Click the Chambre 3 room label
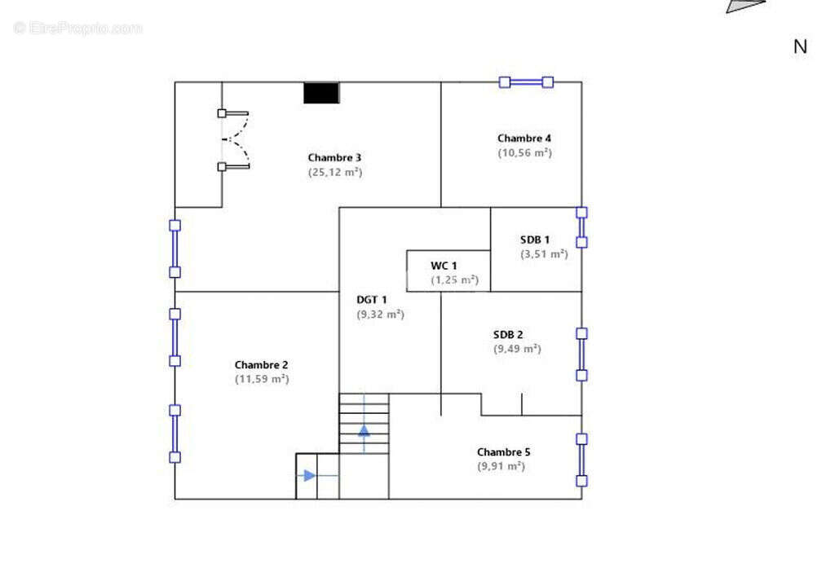coord(334,157)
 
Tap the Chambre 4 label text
coord(524,139)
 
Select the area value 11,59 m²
coord(262,379)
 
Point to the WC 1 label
coord(444,266)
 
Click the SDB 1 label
coord(535,240)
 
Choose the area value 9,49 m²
coord(517,349)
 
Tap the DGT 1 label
coord(372,300)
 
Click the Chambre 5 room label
coord(503,452)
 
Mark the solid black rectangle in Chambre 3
coord(321,93)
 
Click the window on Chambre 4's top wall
coord(526,82)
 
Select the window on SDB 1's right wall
coord(581,227)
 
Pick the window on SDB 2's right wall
coord(581,354)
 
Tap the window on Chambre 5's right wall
coord(581,460)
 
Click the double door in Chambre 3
coord(235,140)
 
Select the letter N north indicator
coord(800,46)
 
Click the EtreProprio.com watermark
coord(77,28)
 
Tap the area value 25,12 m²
coord(335,173)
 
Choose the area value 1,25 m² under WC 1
coord(455,280)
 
